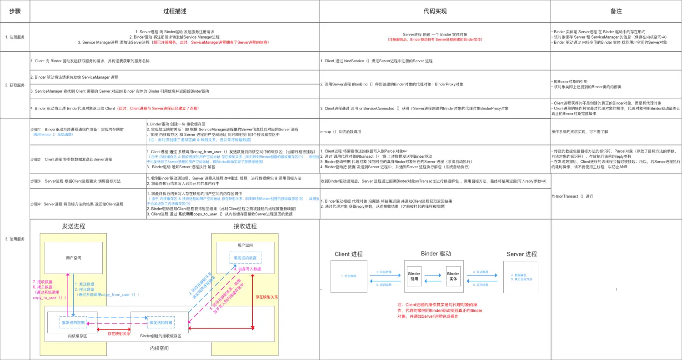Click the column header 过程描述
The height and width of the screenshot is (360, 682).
tap(175, 11)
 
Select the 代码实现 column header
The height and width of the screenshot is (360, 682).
tap(435, 11)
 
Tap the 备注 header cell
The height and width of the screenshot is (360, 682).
tap(616, 11)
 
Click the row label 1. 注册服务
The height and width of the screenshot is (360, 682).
tap(15, 37)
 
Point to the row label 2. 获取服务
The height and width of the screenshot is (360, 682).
tap(15, 85)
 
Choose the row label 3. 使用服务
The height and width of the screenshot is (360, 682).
tap(15, 239)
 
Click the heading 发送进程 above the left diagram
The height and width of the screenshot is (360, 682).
tap(73, 226)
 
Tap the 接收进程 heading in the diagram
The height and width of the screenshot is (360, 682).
tap(245, 226)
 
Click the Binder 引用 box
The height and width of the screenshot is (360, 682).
tap(414, 276)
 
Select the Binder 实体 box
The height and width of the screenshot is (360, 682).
tap(453, 276)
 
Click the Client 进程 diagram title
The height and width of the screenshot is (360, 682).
tap(348, 254)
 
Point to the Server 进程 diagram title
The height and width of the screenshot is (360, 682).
tap(522, 254)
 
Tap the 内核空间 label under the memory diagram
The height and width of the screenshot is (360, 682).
tap(159, 348)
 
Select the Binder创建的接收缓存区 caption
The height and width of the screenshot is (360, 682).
tap(160, 336)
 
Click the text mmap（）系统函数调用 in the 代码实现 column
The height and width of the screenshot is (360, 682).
tap(341, 131)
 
